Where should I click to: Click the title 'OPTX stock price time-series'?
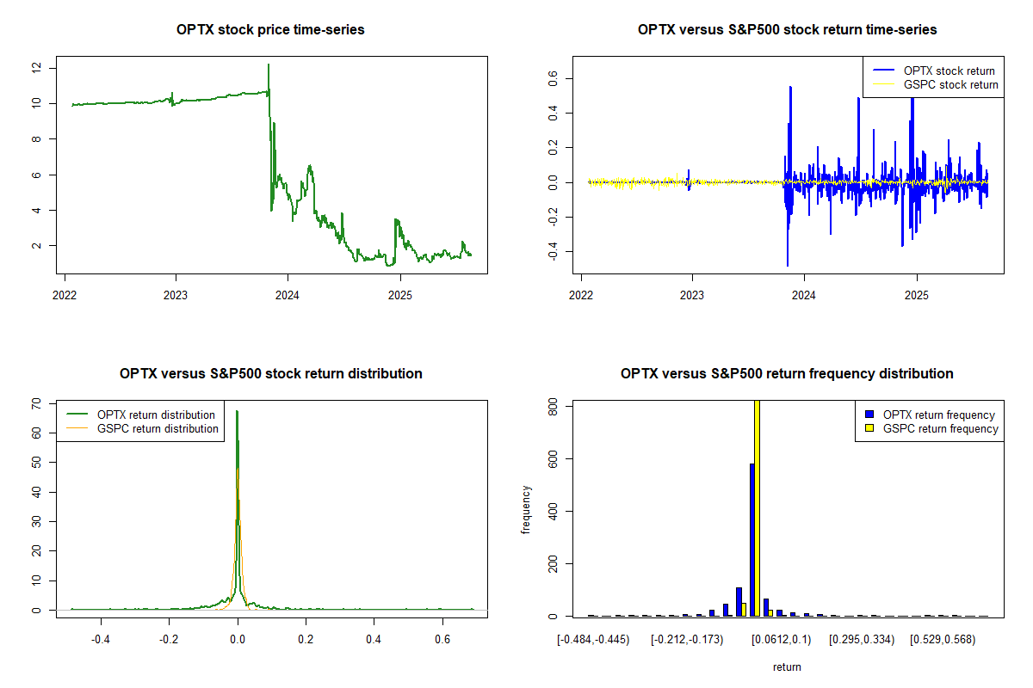pos(270,30)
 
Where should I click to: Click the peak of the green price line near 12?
pos(269,65)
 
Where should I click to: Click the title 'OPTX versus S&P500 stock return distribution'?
pos(270,374)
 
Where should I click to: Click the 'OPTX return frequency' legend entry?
pos(938,415)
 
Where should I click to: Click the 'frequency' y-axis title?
pos(527,510)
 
